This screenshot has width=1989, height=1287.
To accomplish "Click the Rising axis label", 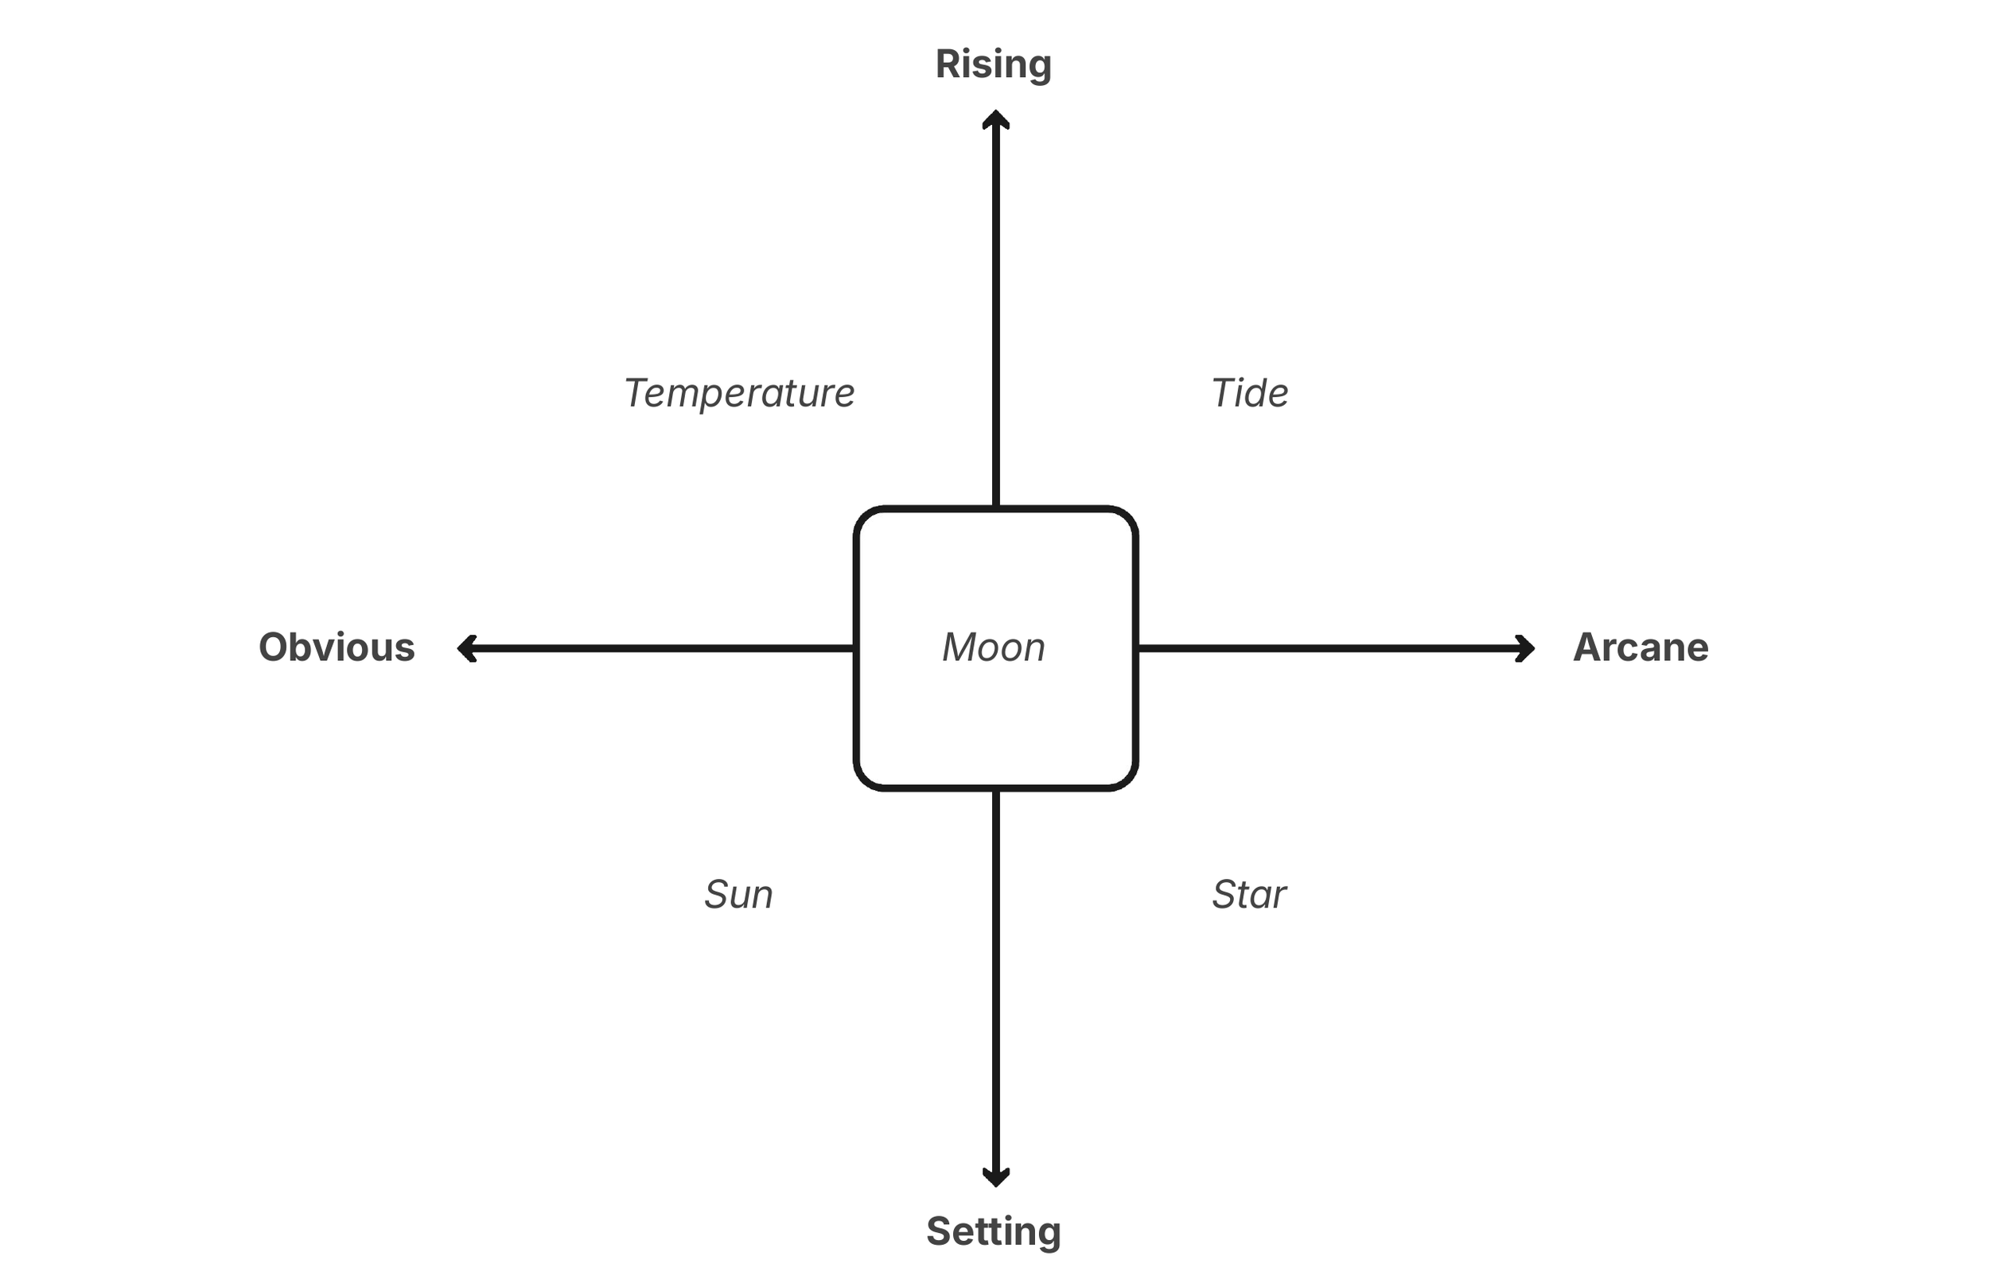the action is tap(993, 64).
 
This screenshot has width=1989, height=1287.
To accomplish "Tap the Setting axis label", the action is tap(993, 1232).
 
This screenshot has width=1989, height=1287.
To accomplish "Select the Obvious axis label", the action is tap(336, 647).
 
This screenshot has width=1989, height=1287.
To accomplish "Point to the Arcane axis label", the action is tap(1641, 647).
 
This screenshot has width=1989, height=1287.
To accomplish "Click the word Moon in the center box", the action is tap(994, 647).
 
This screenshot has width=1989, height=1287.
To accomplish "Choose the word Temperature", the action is tap(739, 394).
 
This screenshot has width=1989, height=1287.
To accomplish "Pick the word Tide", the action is tap(1249, 394).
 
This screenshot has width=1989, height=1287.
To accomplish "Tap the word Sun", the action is tap(738, 895).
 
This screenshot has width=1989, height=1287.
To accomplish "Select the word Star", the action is tap(1248, 895).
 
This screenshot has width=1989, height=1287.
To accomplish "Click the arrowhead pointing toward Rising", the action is tap(995, 119).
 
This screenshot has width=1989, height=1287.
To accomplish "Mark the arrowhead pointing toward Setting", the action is tap(995, 1176).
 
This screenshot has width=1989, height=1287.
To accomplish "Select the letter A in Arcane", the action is tap(1588, 647).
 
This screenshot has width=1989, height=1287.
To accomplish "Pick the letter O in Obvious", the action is tap(275, 647).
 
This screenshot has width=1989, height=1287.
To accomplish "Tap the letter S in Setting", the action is tap(940, 1232).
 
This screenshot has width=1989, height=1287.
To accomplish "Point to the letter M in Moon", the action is tap(959, 647).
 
